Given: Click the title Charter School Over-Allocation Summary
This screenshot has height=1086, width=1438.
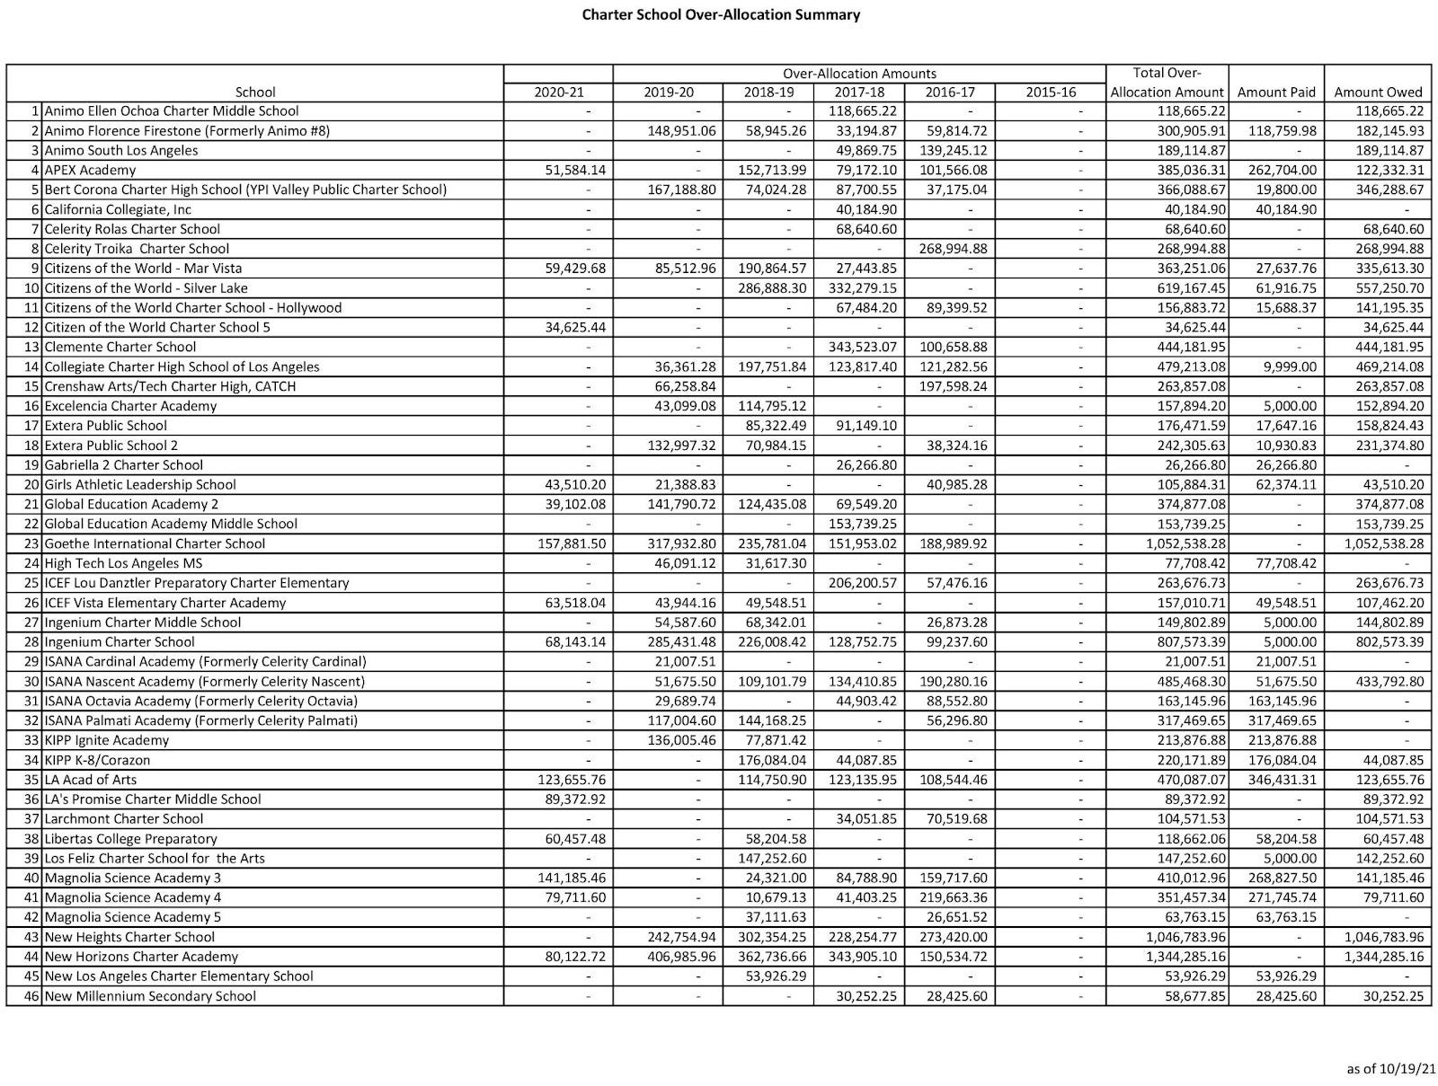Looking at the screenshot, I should click(x=721, y=14).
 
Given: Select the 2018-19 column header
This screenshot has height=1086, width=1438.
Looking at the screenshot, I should click(x=768, y=92).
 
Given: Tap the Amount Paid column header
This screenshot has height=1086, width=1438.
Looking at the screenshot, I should click(x=1276, y=92).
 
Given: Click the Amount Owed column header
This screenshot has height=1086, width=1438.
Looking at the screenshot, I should click(x=1378, y=92).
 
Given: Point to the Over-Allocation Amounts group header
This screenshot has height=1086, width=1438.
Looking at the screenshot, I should click(x=858, y=74).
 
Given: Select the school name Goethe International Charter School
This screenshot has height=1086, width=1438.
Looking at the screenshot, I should click(x=155, y=543).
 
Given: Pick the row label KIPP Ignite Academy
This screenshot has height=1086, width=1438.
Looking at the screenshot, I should click(x=106, y=740).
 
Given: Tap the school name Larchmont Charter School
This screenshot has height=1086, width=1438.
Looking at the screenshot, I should click(x=123, y=818).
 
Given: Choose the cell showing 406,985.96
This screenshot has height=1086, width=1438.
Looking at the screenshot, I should click(x=682, y=957).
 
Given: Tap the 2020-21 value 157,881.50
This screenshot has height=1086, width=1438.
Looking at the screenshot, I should click(x=570, y=543).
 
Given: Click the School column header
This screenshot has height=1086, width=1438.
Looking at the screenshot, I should click(x=254, y=92).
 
